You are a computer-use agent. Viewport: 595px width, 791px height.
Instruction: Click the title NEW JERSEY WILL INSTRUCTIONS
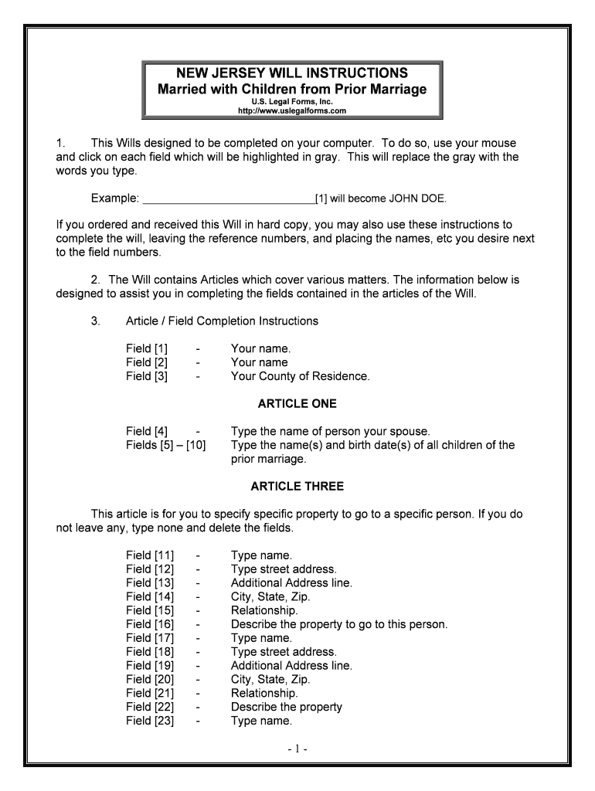[x=292, y=73]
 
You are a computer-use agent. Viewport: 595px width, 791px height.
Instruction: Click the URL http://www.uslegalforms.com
[x=292, y=110]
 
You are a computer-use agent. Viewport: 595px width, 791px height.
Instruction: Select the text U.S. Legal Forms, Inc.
[x=292, y=101]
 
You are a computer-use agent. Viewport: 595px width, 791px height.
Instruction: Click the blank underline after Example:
[x=229, y=199]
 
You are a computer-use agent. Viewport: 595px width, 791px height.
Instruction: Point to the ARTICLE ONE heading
[x=297, y=404]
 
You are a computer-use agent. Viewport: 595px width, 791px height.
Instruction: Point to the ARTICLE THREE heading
[x=297, y=487]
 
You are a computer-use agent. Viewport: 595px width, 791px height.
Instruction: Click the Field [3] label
[x=147, y=376]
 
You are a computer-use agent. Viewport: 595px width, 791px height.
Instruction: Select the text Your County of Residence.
[x=300, y=376]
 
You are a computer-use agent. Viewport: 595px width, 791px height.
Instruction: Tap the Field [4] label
[x=147, y=431]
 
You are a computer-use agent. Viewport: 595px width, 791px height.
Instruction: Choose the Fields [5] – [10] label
[x=165, y=445]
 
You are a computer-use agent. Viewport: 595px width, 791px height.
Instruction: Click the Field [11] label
[x=150, y=555]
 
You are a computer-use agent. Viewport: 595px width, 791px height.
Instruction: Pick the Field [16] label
[x=150, y=624]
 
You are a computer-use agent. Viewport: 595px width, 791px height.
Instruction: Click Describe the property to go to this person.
[x=338, y=624]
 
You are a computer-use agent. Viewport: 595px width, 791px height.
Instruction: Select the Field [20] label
[x=150, y=680]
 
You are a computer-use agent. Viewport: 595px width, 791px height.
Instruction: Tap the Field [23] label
[x=150, y=721]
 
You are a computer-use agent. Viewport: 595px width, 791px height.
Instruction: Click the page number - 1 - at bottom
[x=297, y=749]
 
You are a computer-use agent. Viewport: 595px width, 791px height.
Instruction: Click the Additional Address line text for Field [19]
[x=291, y=666]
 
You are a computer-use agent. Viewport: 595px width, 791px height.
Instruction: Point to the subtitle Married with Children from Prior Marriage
[x=292, y=90]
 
